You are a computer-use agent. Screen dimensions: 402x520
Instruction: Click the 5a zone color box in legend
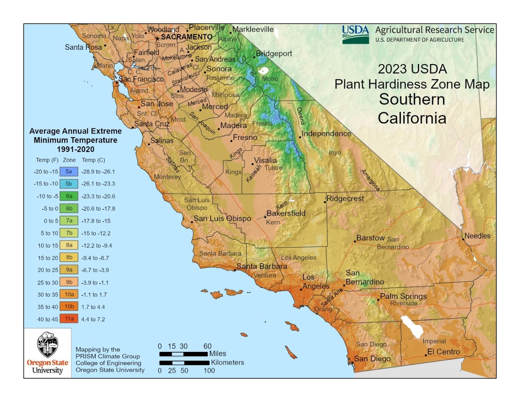pyautogui.click(x=69, y=172)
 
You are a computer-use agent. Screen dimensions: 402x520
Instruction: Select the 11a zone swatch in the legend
pyautogui.click(x=69, y=319)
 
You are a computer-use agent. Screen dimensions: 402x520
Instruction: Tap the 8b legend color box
pyautogui.click(x=69, y=258)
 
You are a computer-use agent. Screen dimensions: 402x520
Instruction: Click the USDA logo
pyautogui.click(x=355, y=35)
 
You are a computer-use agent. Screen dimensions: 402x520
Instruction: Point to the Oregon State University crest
pyautogui.click(x=47, y=345)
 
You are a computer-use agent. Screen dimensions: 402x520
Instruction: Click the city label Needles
pyautogui.click(x=477, y=236)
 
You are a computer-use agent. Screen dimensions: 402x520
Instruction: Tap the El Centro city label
pyautogui.click(x=443, y=352)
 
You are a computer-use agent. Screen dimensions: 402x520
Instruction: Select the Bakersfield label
pyautogui.click(x=286, y=213)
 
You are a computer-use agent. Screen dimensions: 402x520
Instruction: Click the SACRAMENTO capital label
pyautogui.click(x=187, y=37)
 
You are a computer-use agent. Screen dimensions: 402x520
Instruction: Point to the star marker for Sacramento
pyautogui.click(x=157, y=39)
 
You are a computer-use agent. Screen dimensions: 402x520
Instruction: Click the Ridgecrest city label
pyautogui.click(x=345, y=198)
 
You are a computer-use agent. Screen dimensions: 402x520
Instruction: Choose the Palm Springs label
pyautogui.click(x=403, y=296)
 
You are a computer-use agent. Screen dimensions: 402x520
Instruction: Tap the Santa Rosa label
pyautogui.click(x=83, y=47)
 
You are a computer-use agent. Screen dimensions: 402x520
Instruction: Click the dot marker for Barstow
pyautogui.click(x=355, y=241)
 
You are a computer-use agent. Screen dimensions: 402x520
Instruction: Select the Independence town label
pyautogui.click(x=326, y=133)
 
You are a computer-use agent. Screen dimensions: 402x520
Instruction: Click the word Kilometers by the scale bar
pyautogui.click(x=227, y=362)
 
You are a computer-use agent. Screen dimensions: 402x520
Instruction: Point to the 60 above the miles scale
pyautogui.click(x=207, y=346)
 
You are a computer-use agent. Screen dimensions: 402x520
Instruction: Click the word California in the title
pyautogui.click(x=412, y=118)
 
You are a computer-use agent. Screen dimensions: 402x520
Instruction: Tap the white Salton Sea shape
pyautogui.click(x=412, y=326)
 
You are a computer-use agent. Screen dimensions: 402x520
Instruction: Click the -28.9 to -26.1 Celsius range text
pyautogui.click(x=98, y=172)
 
